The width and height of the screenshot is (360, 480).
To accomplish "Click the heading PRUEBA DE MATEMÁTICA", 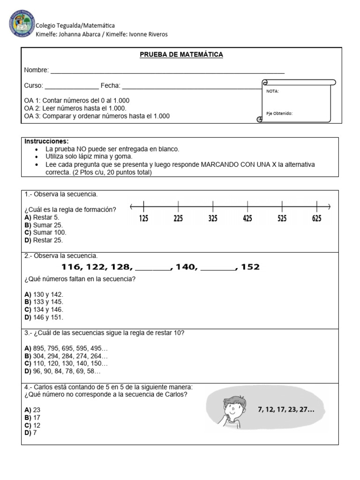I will coord(181,55).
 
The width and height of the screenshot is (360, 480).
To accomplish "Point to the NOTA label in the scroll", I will coord(273,91).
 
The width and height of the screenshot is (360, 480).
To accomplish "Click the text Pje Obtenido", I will coord(279,113).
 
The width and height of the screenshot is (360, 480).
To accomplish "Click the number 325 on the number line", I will coord(213,218).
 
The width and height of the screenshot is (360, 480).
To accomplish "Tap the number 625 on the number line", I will coord(317,218).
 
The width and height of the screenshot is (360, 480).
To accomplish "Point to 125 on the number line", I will coord(143,218).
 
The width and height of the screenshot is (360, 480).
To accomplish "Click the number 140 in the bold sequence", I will coord(187,267).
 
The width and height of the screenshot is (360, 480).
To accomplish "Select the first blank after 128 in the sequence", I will coord(153,268).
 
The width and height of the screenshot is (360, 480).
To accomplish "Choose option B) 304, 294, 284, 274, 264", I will coord(66,356).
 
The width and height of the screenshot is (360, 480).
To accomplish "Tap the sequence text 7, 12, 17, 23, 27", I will coord(286,409).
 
